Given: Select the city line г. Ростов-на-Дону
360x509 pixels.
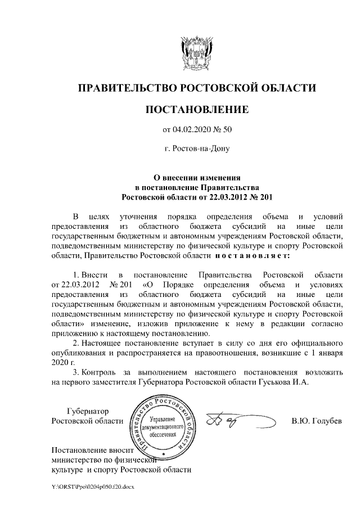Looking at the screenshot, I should pos(196,149).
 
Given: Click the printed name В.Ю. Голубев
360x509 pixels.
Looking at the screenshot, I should pos(316,421).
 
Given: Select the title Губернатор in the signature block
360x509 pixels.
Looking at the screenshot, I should pos(88,411).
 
